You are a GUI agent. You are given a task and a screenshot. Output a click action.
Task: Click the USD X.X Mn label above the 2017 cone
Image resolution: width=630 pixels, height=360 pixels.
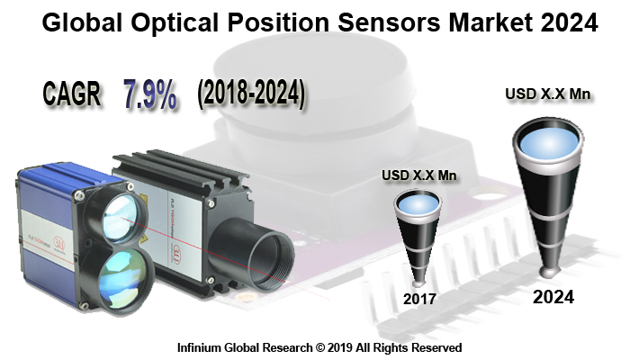419,175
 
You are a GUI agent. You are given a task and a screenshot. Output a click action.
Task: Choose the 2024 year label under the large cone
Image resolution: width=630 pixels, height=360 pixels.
553,295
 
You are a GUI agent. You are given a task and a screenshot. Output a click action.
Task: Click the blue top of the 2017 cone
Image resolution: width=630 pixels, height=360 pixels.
417,206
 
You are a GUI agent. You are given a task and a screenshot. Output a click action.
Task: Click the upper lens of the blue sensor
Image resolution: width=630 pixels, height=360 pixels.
119,215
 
